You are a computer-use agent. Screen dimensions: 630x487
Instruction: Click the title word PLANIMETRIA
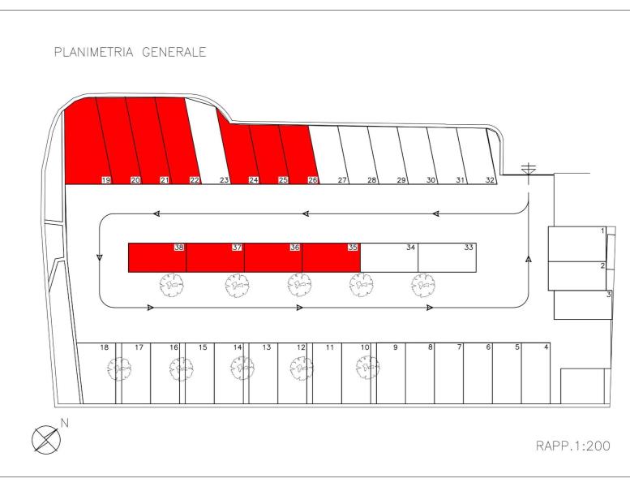93,52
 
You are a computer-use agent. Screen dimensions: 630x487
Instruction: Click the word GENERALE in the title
174,52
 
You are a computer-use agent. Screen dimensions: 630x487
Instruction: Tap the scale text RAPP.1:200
573,446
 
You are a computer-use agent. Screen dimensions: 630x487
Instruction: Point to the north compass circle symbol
46,440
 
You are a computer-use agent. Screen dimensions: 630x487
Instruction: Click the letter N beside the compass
64,423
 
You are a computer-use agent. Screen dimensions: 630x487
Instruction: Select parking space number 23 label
225,180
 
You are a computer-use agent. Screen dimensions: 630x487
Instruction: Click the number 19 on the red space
106,180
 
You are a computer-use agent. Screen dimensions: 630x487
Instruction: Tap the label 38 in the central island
179,248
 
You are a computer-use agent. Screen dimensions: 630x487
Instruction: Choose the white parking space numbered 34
389,257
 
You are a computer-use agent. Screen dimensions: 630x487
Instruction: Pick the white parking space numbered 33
448,257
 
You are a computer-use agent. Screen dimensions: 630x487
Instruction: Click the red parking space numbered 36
273,257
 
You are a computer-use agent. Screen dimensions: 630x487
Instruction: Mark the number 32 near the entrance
490,180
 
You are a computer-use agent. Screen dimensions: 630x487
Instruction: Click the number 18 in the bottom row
104,347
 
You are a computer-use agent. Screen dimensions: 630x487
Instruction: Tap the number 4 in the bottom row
546,347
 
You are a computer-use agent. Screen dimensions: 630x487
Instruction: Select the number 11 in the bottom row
330,347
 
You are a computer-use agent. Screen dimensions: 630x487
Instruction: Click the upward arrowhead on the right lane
529,260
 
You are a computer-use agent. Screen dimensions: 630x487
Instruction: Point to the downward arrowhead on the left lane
100,257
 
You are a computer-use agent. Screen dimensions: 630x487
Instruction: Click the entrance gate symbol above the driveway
529,169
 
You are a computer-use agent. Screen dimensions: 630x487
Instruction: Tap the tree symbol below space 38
172,285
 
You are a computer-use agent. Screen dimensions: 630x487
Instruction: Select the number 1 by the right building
602,231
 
